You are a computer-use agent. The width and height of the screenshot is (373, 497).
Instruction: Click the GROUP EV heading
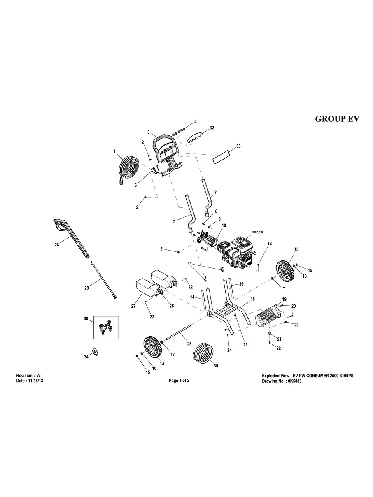(x=337, y=119)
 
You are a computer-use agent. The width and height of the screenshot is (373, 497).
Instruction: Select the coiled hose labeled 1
(x=131, y=170)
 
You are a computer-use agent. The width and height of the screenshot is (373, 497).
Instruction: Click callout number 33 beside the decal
(x=238, y=146)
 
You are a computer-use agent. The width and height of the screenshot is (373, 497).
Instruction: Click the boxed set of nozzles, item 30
(x=106, y=327)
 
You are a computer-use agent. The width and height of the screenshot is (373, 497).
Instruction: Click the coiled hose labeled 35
(x=203, y=352)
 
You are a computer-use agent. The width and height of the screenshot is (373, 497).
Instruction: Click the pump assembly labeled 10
(x=207, y=239)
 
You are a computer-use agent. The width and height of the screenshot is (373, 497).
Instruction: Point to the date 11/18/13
(x=35, y=381)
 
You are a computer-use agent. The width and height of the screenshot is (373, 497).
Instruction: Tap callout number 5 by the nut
(x=162, y=248)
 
